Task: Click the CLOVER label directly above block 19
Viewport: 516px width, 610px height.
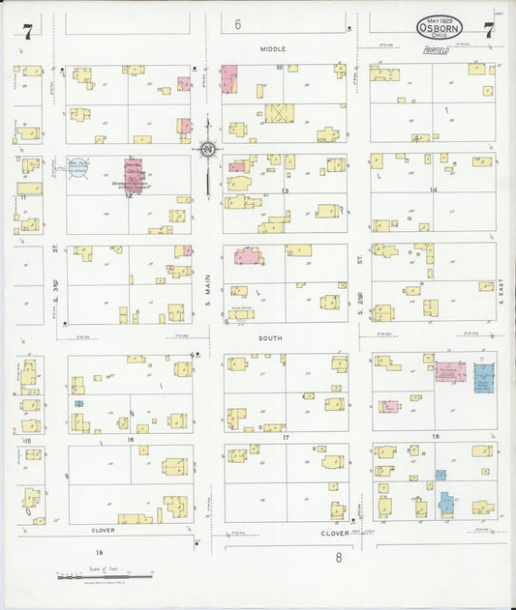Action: pyautogui.click(x=104, y=530)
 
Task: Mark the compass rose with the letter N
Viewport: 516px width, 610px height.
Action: pyautogui.click(x=206, y=149)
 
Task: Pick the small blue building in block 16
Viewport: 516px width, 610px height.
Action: pyautogui.click(x=79, y=403)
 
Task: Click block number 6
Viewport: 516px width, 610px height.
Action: pyautogui.click(x=237, y=25)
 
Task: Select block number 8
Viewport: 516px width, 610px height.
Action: pyautogui.click(x=339, y=557)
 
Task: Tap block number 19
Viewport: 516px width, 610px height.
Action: pyautogui.click(x=99, y=551)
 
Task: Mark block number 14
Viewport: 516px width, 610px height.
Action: pyautogui.click(x=433, y=189)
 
